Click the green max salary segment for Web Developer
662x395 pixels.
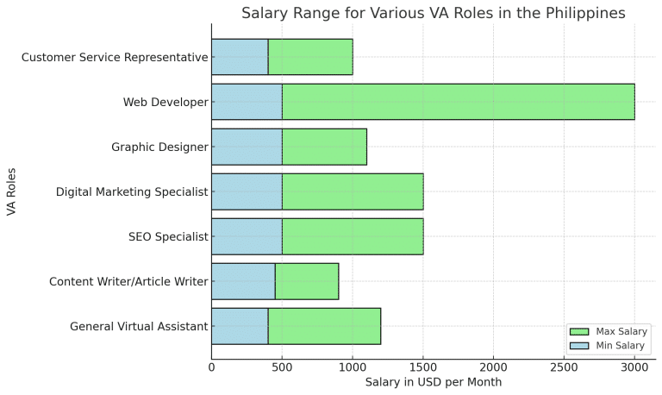point(458,102)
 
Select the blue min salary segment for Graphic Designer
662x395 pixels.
point(247,147)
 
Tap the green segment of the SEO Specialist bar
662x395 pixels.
point(352,236)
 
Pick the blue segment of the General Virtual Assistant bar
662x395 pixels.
point(240,326)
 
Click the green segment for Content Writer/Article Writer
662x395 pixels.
point(306,281)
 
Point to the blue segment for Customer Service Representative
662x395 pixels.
point(240,57)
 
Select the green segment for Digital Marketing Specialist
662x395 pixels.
point(352,191)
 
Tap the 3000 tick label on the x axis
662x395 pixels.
point(634,367)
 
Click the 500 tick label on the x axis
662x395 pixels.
point(282,367)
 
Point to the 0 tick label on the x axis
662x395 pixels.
point(211,367)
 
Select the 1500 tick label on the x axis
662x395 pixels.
point(422,367)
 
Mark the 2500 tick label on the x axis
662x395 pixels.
point(564,367)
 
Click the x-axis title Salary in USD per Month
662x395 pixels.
point(433,382)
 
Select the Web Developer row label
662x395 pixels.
point(165,102)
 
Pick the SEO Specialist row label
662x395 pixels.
point(168,236)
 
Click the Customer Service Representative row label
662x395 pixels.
point(115,57)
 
